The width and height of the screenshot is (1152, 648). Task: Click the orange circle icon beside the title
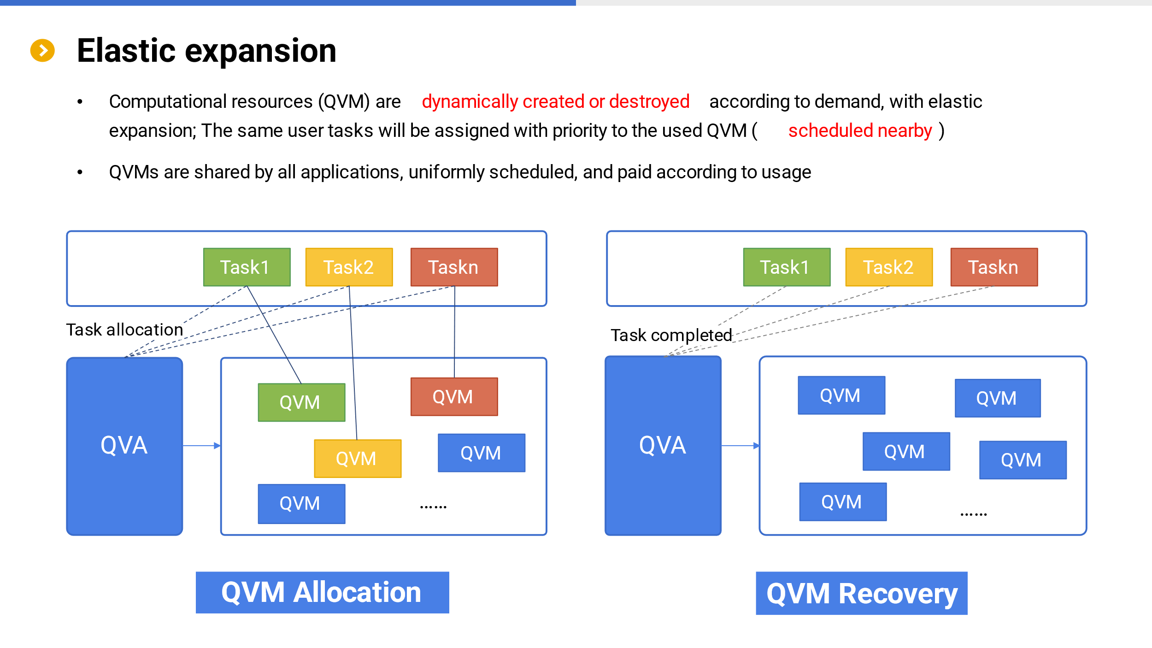point(42,50)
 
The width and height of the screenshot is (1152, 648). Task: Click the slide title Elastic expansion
point(206,50)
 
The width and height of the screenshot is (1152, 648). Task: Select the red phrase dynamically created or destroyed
point(555,102)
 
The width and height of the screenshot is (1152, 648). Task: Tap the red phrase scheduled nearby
point(860,131)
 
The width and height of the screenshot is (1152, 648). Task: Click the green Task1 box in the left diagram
point(247,267)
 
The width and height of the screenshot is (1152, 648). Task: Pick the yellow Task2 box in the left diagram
point(349,267)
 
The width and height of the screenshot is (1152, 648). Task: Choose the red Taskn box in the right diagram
point(994,267)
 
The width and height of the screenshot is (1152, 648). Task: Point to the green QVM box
point(302,402)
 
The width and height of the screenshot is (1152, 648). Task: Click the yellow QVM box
point(358,459)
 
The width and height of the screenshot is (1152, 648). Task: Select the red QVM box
point(454,397)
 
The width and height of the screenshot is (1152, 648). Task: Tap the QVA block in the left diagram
point(125,446)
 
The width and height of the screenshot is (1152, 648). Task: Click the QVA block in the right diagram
point(663,446)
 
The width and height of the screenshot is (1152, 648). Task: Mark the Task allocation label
point(124,330)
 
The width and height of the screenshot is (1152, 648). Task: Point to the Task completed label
point(671,336)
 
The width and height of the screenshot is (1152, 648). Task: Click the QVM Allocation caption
point(323,593)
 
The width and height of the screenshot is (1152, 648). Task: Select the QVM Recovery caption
point(862,594)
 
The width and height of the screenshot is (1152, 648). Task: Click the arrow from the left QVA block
point(202,446)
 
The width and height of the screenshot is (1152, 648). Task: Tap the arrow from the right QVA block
point(741,446)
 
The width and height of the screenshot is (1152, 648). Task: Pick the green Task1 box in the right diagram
point(787,267)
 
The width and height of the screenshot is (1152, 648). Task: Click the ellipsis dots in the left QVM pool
point(433,507)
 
